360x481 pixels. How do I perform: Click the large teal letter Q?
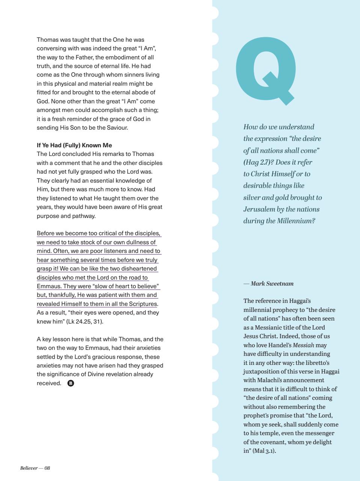(x=264, y=71)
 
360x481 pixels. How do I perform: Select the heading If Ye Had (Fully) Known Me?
(x=74, y=145)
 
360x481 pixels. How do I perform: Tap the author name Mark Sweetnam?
(x=272, y=283)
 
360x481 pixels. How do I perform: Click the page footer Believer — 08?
(x=35, y=468)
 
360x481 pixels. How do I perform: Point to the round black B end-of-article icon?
(x=71, y=383)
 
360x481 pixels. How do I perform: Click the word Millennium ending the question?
(x=296, y=221)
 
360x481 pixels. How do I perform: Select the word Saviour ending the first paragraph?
(x=116, y=128)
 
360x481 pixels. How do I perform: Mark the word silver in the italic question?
(x=252, y=197)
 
